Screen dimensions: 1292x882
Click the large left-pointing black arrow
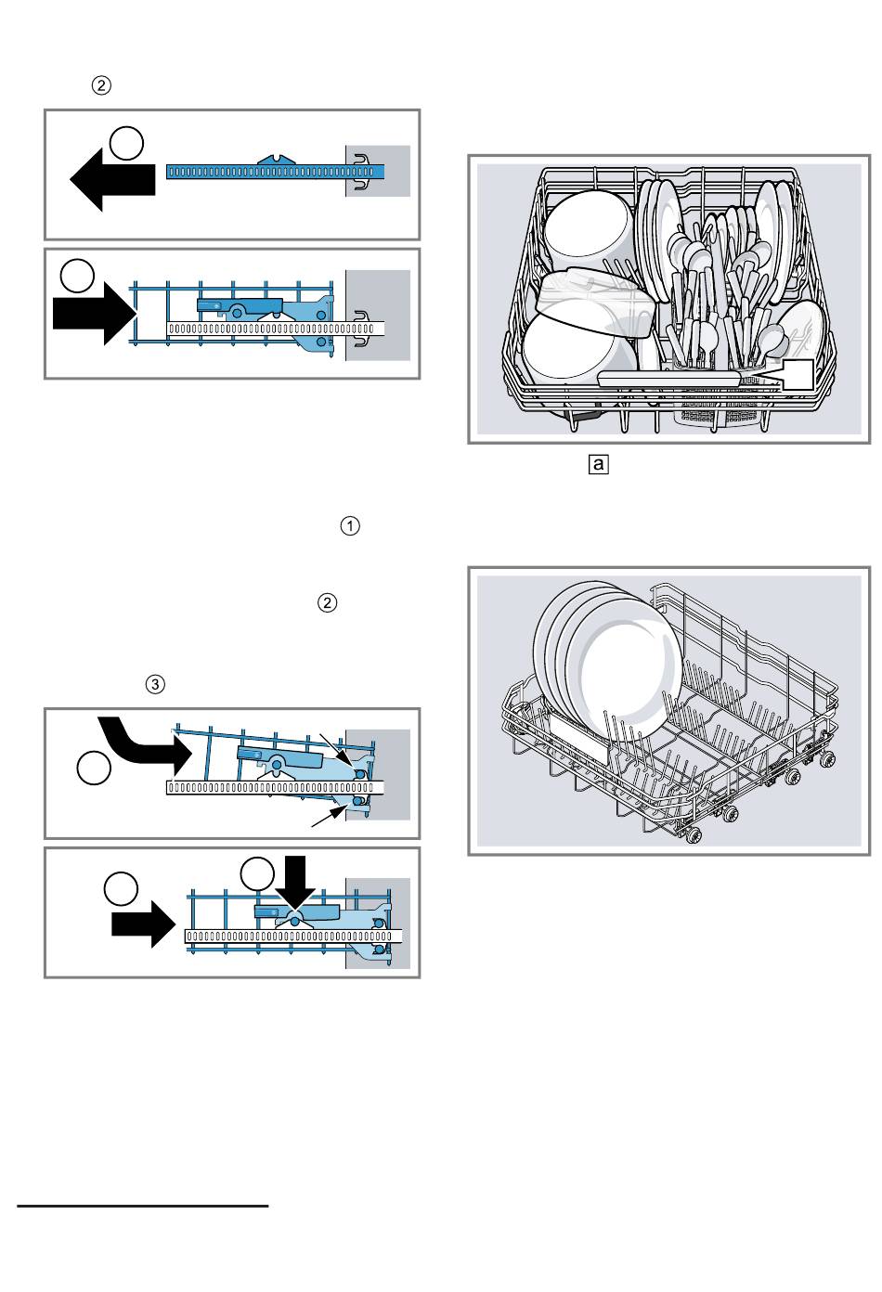pyautogui.click(x=110, y=181)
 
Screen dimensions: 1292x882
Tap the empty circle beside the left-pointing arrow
pyautogui.click(x=127, y=144)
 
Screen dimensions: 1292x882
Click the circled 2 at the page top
pyautogui.click(x=101, y=85)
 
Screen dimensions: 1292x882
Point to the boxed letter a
pyautogui.click(x=599, y=463)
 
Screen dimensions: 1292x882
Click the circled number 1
pyautogui.click(x=350, y=526)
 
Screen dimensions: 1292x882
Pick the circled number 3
pyautogui.click(x=155, y=684)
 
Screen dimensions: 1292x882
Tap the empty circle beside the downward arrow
pyautogui.click(x=257, y=875)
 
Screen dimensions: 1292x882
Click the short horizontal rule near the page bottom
pyautogui.click(x=143, y=1207)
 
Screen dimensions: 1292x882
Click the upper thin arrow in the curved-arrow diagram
pyautogui.click(x=339, y=748)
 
